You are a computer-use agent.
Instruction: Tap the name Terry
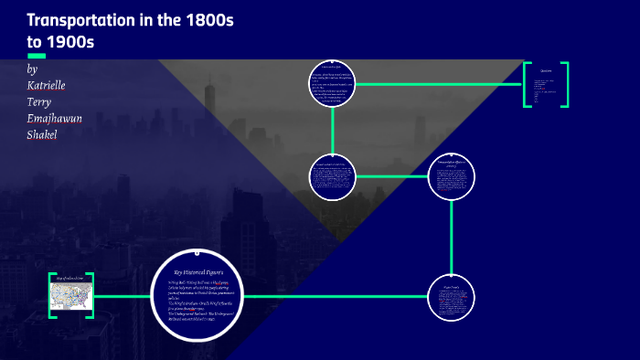tap(43, 101)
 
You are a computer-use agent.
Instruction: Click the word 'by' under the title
tap(33, 69)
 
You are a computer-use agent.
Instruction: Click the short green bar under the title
tap(37, 55)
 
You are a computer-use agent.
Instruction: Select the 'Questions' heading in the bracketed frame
tap(546, 69)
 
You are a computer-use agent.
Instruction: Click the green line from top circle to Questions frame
tap(439, 83)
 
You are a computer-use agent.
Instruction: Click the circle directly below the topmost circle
tap(330, 175)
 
